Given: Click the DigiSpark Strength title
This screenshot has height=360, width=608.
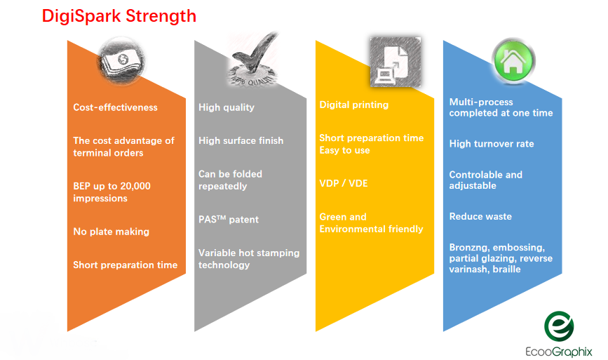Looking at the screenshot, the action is click(x=119, y=17).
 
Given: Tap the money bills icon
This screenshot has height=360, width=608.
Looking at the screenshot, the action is click(x=121, y=62).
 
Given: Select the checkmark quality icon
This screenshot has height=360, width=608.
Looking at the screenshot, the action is click(x=253, y=59).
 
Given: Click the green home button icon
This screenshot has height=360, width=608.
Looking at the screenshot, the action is click(x=513, y=61).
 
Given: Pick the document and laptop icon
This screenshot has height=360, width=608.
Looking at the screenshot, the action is click(x=396, y=62).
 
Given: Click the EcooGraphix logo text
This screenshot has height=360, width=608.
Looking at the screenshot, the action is click(x=559, y=352).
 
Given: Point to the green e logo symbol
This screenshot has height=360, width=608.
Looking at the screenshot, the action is click(x=559, y=326).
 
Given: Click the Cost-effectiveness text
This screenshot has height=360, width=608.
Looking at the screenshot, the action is click(x=115, y=107).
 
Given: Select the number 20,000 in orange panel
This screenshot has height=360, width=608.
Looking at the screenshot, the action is click(x=135, y=186).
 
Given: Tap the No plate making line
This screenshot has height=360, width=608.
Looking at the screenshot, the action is click(x=112, y=232).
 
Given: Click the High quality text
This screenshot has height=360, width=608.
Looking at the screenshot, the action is click(x=227, y=107).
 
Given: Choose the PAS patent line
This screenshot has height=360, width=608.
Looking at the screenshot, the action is click(x=229, y=220).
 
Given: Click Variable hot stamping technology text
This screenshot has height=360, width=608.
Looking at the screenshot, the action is click(x=249, y=259).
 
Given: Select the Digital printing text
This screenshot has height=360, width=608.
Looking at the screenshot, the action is click(x=354, y=105).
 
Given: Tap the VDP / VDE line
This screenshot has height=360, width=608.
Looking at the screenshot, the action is click(x=344, y=183).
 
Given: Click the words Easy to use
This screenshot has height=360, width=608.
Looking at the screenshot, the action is click(x=345, y=150).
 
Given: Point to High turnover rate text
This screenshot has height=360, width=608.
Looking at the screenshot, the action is click(x=492, y=144).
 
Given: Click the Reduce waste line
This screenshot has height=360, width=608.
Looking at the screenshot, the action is click(x=480, y=216).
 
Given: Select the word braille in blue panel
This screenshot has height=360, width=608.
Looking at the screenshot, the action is click(x=506, y=269).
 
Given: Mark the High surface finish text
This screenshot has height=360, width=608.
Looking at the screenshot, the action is click(x=241, y=140).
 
